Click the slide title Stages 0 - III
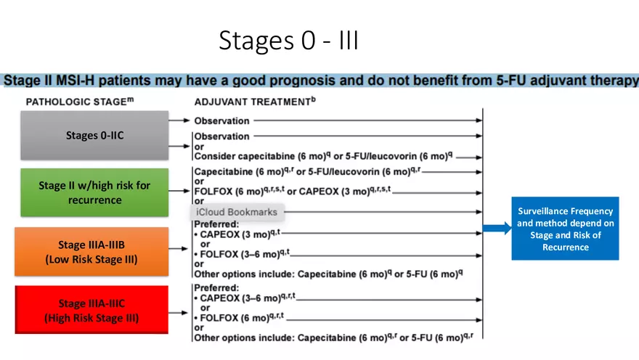[288, 41]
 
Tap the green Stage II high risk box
[94, 192]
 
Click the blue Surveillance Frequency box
[564, 229]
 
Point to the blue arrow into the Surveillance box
[497, 229]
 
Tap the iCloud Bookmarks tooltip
[236, 213]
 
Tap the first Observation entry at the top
[221, 120]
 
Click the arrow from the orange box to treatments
[180, 248]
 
